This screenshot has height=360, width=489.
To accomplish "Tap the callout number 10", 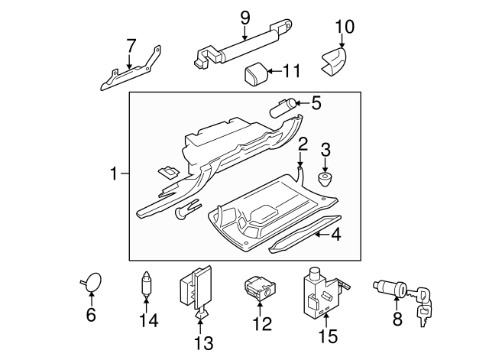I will pyautogui.click(x=345, y=27).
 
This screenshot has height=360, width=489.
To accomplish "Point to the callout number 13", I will pyautogui.click(x=204, y=343).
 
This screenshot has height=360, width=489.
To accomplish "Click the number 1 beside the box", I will pyautogui.click(x=114, y=174).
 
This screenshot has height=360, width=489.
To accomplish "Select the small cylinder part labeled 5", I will pyautogui.click(x=285, y=105).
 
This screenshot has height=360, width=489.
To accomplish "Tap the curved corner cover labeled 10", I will pyautogui.click(x=333, y=60).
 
